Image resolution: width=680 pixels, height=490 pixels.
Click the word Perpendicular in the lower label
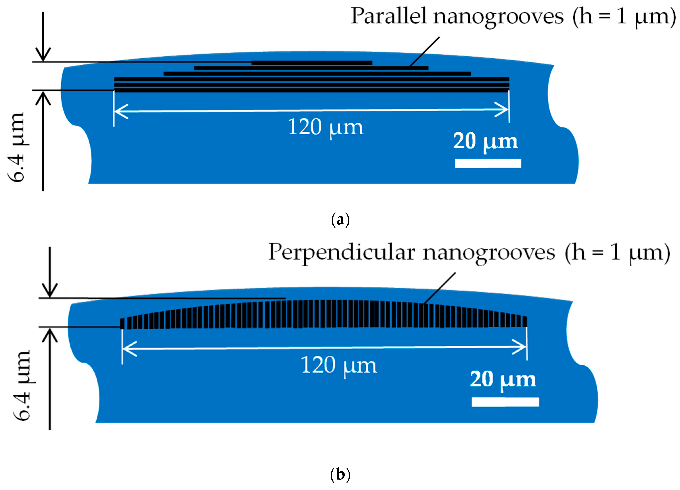tap(342, 252)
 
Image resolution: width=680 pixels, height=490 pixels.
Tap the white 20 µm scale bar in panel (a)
tap(488, 163)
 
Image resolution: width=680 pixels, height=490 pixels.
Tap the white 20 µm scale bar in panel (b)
tap(505, 402)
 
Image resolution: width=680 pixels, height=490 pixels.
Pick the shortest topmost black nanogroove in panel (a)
tap(312, 63)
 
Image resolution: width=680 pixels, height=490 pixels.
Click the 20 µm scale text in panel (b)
tap(503, 380)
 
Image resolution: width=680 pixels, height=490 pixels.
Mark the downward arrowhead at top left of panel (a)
tap(43, 56)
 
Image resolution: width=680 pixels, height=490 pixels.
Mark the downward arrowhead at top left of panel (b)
tap(49, 291)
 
